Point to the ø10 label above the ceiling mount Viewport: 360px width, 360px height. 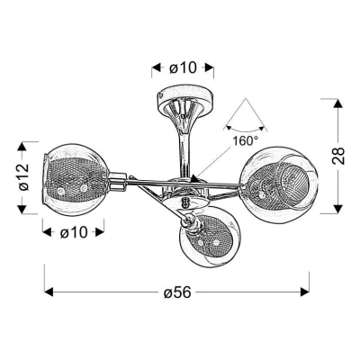[184, 65]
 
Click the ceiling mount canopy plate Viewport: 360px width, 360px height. [183, 94]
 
